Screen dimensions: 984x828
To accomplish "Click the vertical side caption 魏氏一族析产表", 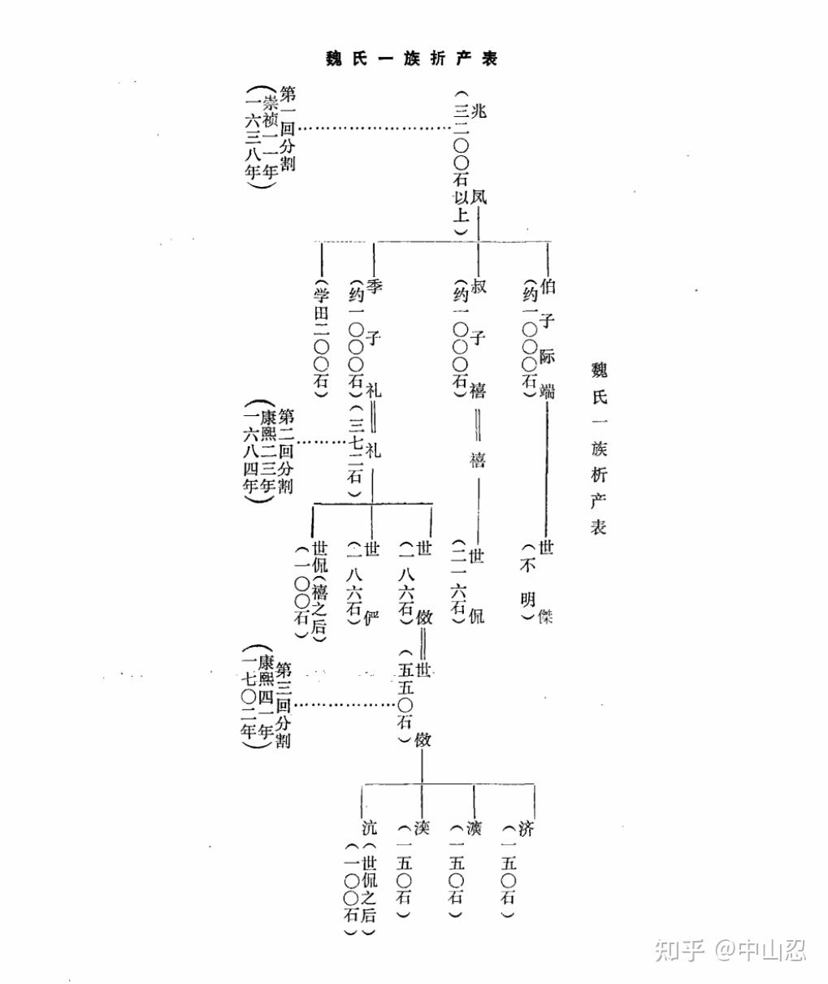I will click(x=599, y=448).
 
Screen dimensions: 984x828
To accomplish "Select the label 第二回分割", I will click(x=286, y=451).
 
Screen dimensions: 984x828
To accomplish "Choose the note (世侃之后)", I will click(x=370, y=890).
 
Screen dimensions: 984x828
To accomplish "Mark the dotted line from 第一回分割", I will click(x=374, y=128).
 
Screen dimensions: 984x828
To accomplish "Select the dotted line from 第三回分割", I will click(x=345, y=704).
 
